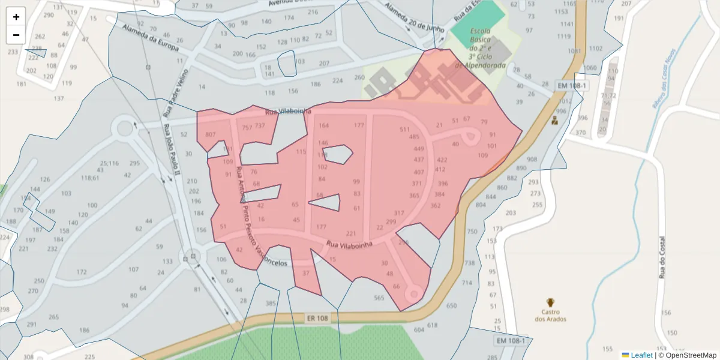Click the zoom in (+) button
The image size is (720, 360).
click(16, 17)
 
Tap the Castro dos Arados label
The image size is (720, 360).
click(550, 315)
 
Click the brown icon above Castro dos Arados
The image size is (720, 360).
click(550, 302)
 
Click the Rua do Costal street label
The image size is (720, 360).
click(663, 257)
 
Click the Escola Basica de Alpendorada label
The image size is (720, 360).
click(481, 48)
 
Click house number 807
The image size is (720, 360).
click(210, 134)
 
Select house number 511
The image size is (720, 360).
click(404, 130)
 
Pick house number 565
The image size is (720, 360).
click(379, 298)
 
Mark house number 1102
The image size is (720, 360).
click(595, 49)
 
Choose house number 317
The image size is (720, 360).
click(399, 213)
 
